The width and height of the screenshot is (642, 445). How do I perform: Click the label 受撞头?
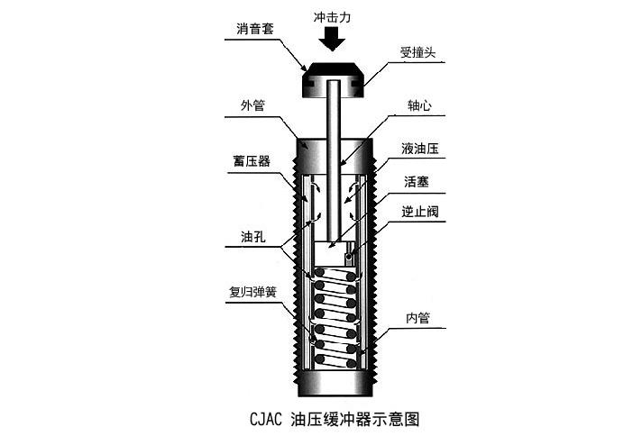point(418,51)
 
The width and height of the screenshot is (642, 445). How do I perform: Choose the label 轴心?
point(418,105)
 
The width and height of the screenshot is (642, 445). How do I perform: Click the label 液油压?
point(418,148)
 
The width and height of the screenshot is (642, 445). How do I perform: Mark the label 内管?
point(418,317)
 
